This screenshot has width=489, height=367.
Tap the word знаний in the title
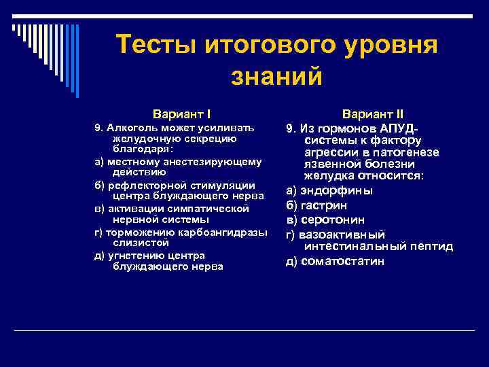[x=276, y=76]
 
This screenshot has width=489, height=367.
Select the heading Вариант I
[x=185, y=113]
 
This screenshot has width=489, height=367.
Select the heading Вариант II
[x=373, y=113]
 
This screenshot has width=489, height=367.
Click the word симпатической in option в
[x=210, y=209]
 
